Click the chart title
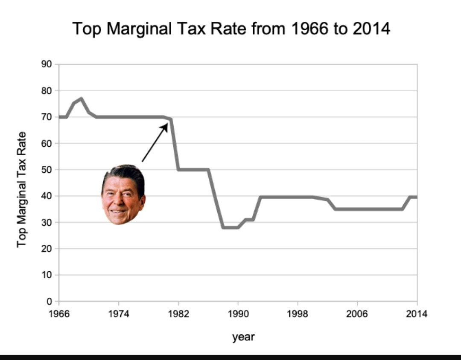coord(231,29)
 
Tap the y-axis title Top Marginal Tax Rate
coord(22,189)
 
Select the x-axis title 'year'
coord(243,337)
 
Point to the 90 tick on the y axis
coord(47,64)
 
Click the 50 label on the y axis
coord(47,170)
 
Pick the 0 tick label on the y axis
coord(49,302)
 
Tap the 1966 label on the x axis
coord(59,314)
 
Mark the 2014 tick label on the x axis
coord(417,314)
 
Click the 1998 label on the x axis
coord(298,314)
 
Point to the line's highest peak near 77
coord(81,99)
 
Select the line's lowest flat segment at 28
coord(230,227)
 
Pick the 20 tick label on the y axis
coord(47,249)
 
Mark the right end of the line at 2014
coord(416,197)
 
